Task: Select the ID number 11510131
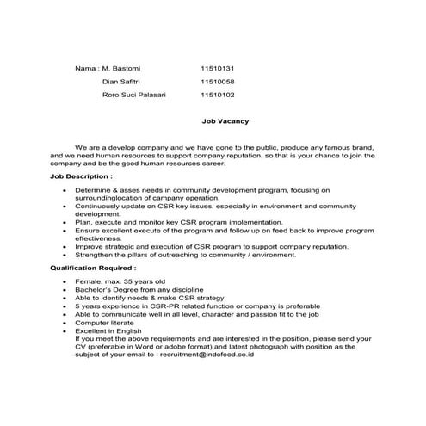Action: [217, 67]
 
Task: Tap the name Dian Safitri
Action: [122, 81]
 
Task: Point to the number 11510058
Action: [217, 81]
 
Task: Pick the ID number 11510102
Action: [217, 95]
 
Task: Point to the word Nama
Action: [84, 67]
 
